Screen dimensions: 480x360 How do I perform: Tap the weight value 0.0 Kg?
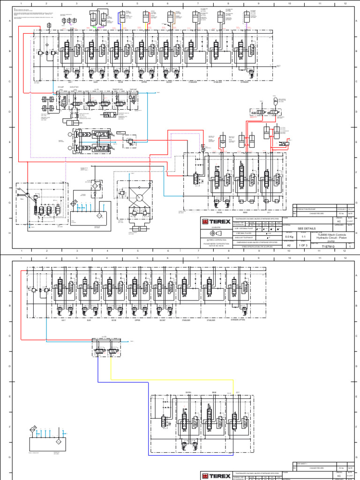coord(289,237)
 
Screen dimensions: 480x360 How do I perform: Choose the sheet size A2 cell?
coord(289,245)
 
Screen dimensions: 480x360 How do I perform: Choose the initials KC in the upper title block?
coord(338,221)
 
